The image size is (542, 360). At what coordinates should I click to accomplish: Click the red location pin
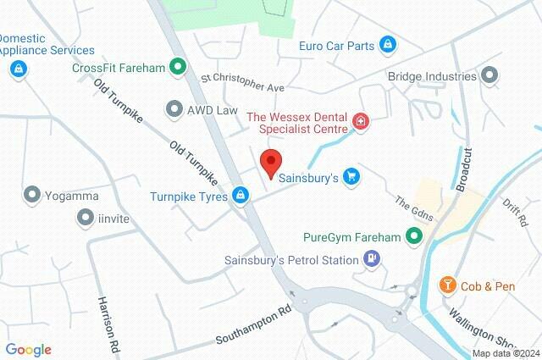click(270, 163)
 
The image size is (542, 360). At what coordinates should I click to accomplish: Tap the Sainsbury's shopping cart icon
click(351, 176)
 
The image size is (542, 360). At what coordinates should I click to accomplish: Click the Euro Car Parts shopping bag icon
click(387, 42)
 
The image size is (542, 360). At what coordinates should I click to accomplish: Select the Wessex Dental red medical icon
click(361, 124)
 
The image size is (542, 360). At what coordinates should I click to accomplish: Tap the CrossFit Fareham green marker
click(177, 66)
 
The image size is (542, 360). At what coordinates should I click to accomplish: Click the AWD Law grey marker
click(174, 108)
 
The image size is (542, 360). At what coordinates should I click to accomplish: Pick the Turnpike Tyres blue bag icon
click(242, 196)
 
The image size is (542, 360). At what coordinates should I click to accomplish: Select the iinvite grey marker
click(85, 218)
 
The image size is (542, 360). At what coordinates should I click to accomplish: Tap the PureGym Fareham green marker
click(413, 238)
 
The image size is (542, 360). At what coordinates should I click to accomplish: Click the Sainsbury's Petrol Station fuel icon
click(370, 260)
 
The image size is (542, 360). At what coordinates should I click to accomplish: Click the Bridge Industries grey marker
click(489, 76)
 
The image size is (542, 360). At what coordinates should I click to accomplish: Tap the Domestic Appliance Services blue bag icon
click(17, 69)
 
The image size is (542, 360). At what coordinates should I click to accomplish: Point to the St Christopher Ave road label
click(242, 82)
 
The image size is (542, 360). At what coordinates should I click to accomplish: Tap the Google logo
click(28, 350)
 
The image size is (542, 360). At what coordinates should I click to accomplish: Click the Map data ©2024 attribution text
click(505, 353)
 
